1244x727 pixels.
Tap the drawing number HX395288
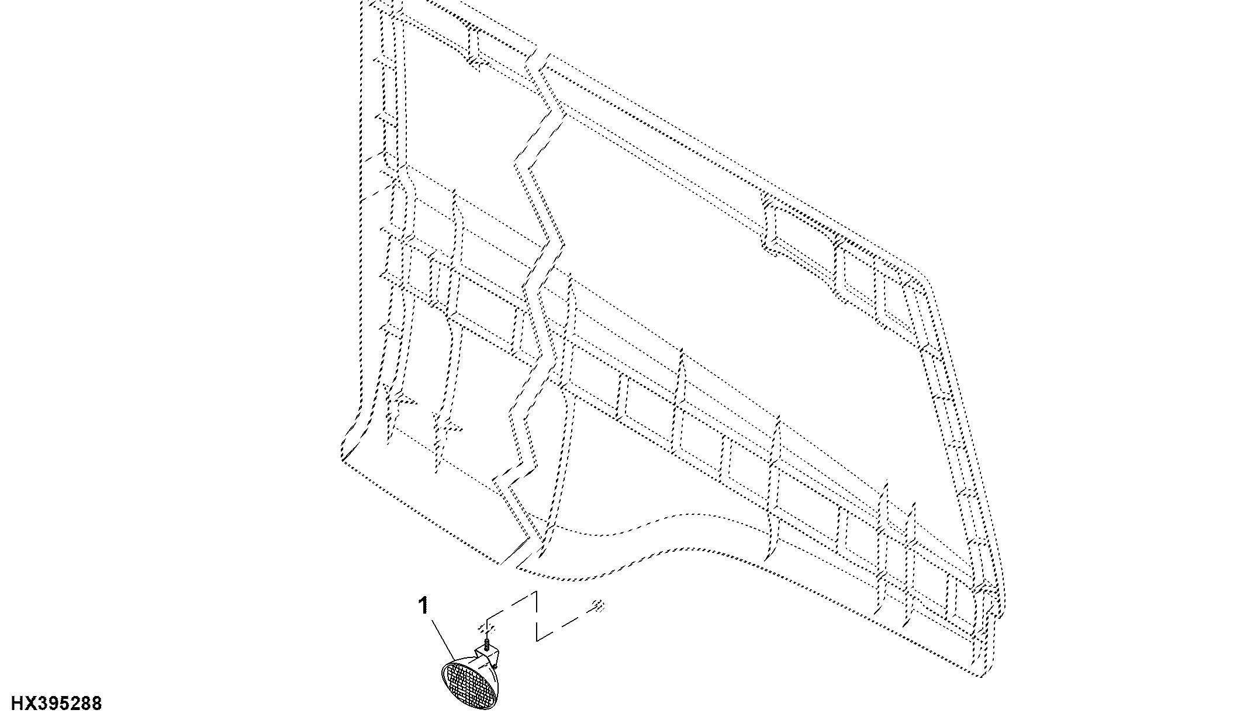point(57,703)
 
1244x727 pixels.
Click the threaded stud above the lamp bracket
point(485,645)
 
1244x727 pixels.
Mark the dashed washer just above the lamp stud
point(486,629)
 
